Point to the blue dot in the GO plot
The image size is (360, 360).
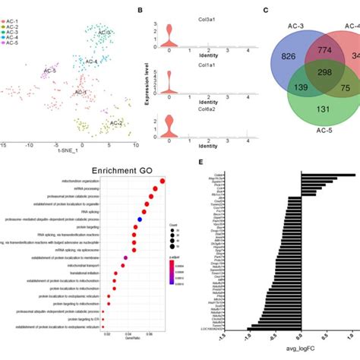pyautogui.click(x=140, y=219)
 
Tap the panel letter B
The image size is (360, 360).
pyautogui.click(x=139, y=8)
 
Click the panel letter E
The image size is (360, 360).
pyautogui.click(x=200, y=163)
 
